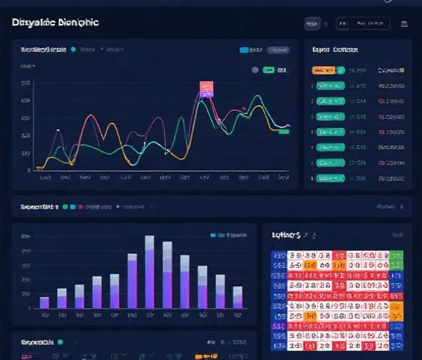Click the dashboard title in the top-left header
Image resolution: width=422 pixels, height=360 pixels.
pos(56,22)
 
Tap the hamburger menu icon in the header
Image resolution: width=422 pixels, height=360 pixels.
pos(404,24)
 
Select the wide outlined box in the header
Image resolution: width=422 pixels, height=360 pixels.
pos(362,24)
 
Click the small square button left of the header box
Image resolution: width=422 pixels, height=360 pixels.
pos(312,24)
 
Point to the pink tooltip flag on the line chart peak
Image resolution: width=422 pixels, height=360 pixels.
pos(206,88)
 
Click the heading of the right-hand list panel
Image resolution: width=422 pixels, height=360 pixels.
pos(335,51)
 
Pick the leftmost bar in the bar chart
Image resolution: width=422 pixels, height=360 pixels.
pos(44,302)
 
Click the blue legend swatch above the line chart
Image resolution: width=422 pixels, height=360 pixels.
pos(244,51)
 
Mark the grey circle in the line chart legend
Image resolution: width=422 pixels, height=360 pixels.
pos(255,70)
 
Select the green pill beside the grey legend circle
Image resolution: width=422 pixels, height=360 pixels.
pos(268,70)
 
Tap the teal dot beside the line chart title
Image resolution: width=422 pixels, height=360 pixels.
pos(73,51)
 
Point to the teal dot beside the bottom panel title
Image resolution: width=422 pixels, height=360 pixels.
pos(60,342)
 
